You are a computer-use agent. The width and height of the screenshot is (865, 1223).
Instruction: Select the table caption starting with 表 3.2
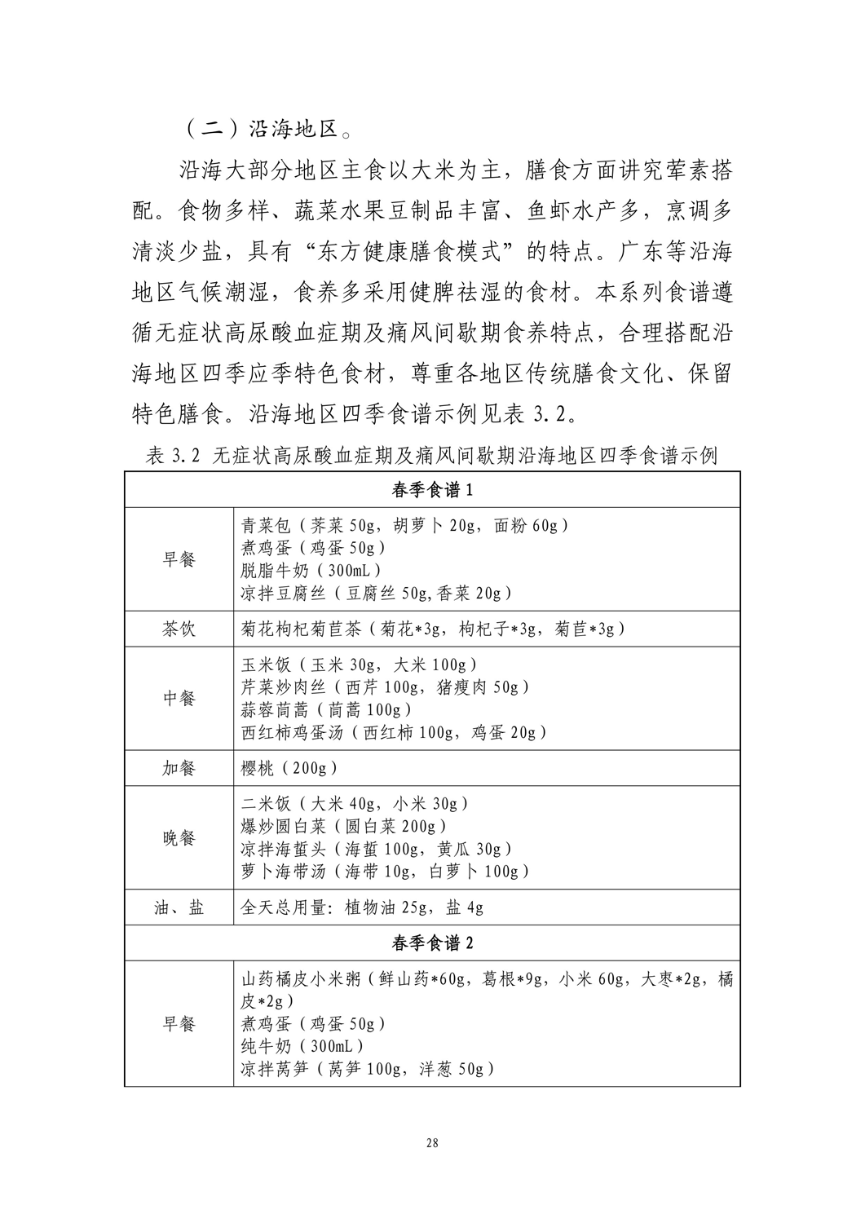pyautogui.click(x=432, y=456)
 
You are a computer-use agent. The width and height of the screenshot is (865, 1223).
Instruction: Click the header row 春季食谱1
pyautogui.click(x=432, y=491)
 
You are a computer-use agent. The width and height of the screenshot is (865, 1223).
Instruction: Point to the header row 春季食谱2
pyautogui.click(x=432, y=943)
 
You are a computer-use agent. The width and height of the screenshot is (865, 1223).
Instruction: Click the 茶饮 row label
pyautogui.click(x=179, y=629)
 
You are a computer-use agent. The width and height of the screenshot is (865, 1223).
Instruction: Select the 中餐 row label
pyautogui.click(x=179, y=698)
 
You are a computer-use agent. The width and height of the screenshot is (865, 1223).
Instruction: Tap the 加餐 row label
pyautogui.click(x=179, y=768)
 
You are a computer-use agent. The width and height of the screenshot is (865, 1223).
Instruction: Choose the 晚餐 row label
pyautogui.click(x=179, y=837)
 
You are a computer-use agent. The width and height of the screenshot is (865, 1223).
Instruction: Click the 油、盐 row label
pyautogui.click(x=179, y=907)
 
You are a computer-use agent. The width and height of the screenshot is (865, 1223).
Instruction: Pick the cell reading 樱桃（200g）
pyautogui.click(x=289, y=768)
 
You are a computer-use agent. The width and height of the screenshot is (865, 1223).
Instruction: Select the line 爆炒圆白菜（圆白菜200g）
pyautogui.click(x=344, y=826)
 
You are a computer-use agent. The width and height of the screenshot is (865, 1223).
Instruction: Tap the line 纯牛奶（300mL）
pyautogui.click(x=302, y=1046)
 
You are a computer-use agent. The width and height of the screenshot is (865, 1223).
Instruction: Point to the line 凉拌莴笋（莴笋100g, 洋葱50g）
pyautogui.click(x=368, y=1069)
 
